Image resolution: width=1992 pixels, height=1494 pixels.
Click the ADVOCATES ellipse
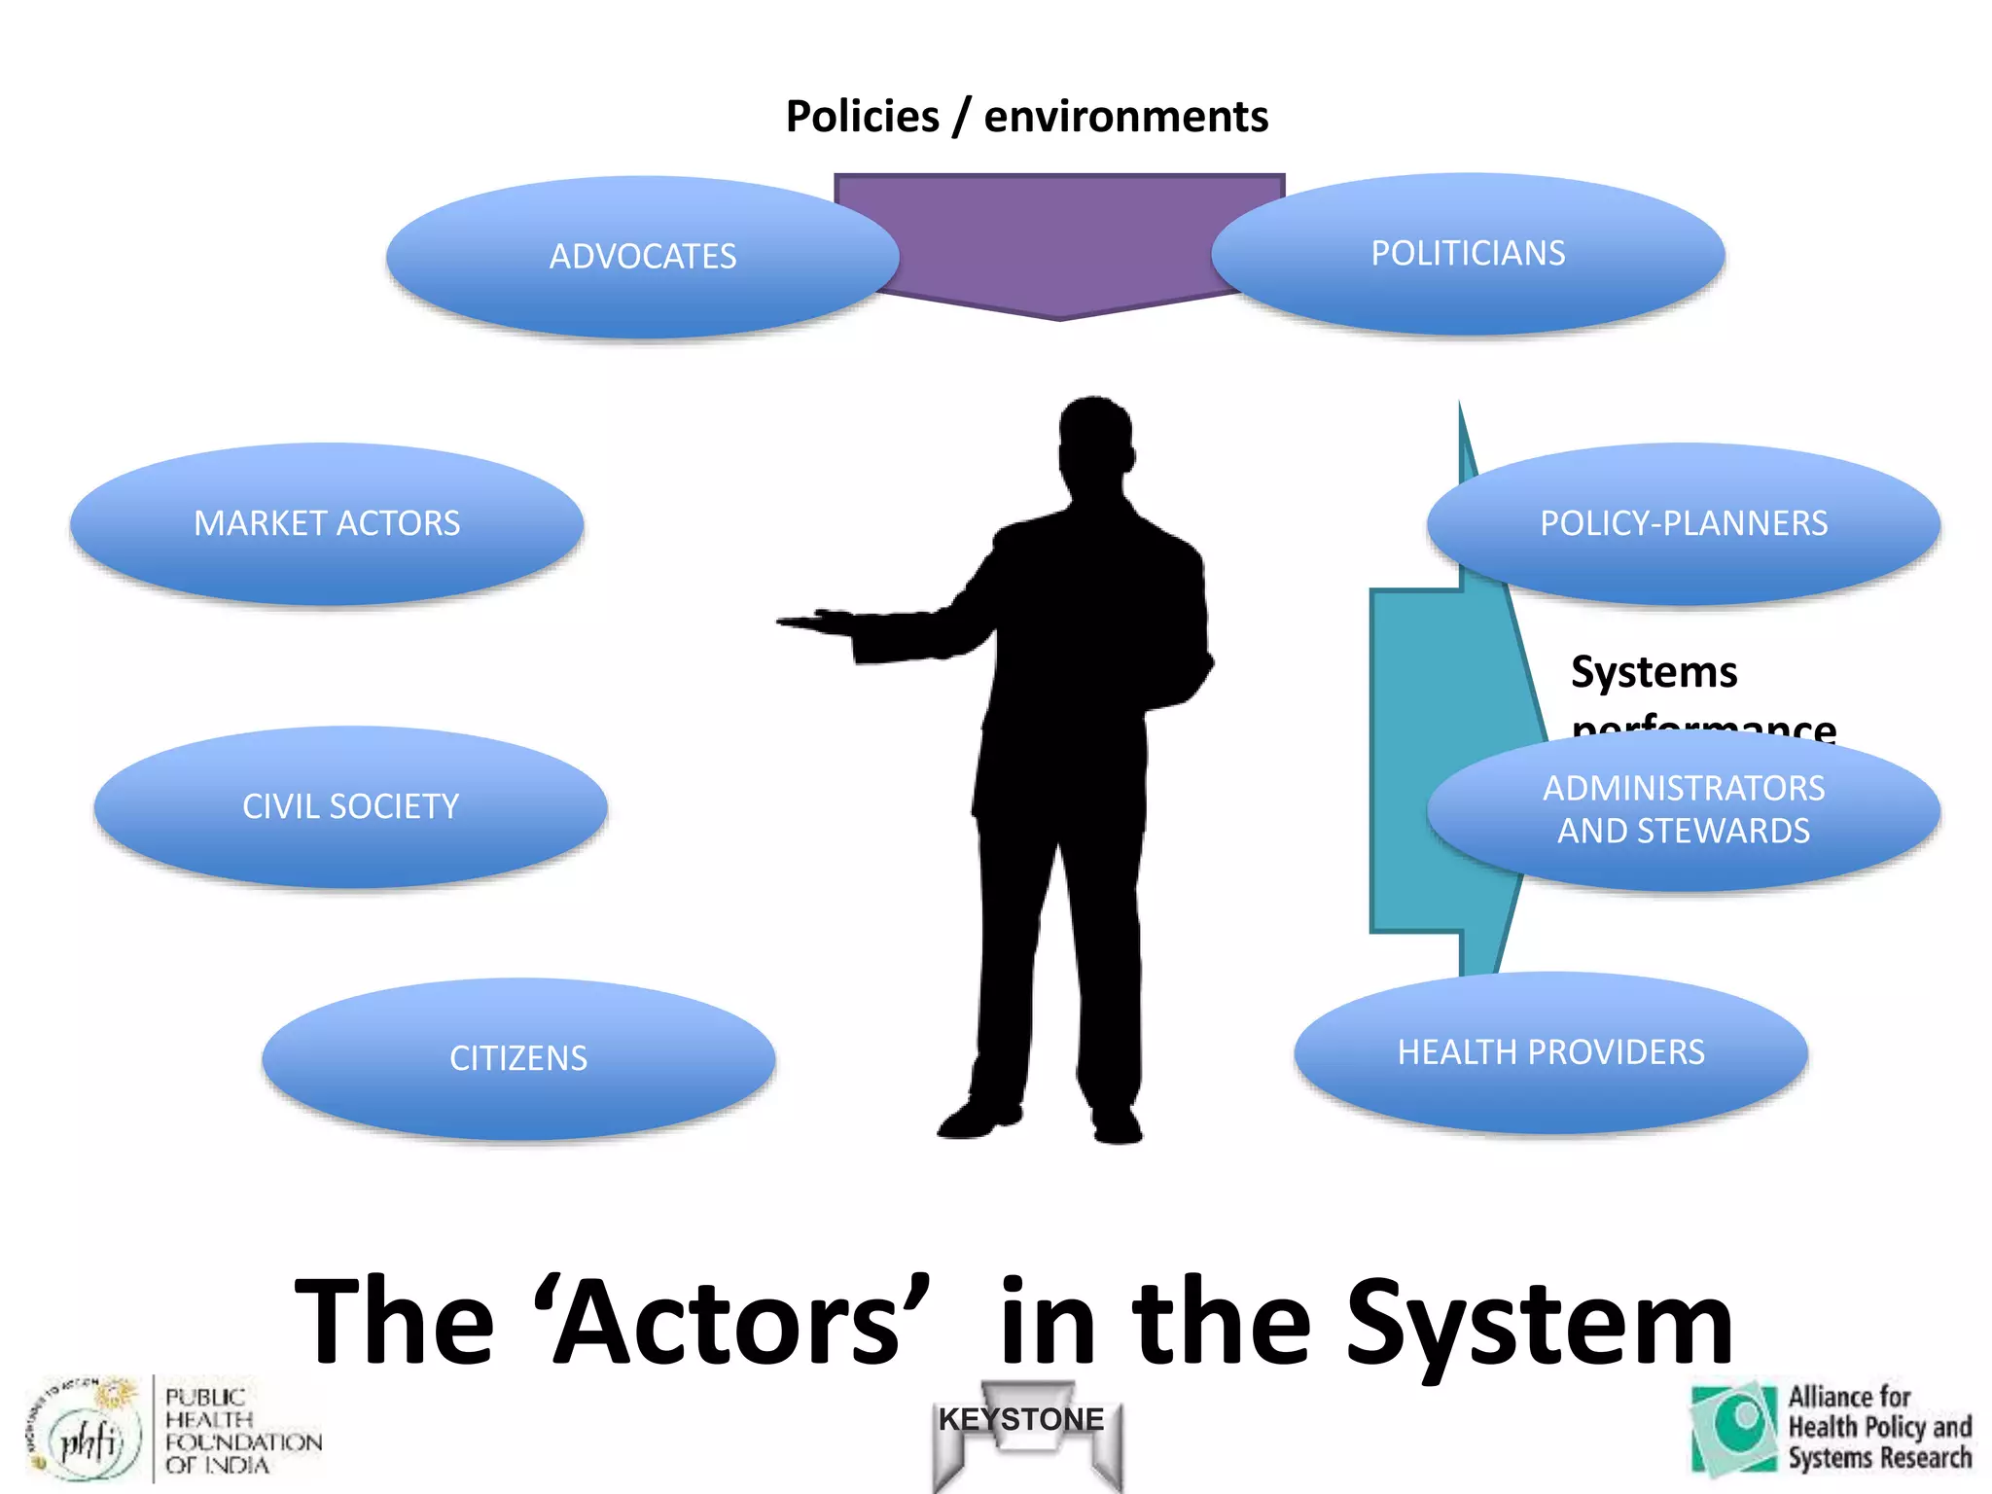(x=642, y=257)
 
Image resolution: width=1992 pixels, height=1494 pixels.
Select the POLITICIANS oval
(x=1468, y=254)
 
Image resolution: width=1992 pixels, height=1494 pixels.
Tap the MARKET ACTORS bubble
(x=327, y=523)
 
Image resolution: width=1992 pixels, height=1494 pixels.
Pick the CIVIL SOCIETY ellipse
(x=350, y=806)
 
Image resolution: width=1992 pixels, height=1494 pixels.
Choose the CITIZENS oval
(x=518, y=1058)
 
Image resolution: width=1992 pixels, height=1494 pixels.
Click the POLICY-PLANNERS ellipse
(x=1684, y=523)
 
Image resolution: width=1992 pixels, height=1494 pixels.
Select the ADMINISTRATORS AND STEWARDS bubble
(x=1684, y=810)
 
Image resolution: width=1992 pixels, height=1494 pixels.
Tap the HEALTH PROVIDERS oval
(x=1550, y=1052)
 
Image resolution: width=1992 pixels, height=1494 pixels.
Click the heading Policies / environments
(x=1026, y=117)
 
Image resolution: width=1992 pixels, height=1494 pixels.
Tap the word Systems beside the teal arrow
(x=1654, y=672)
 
